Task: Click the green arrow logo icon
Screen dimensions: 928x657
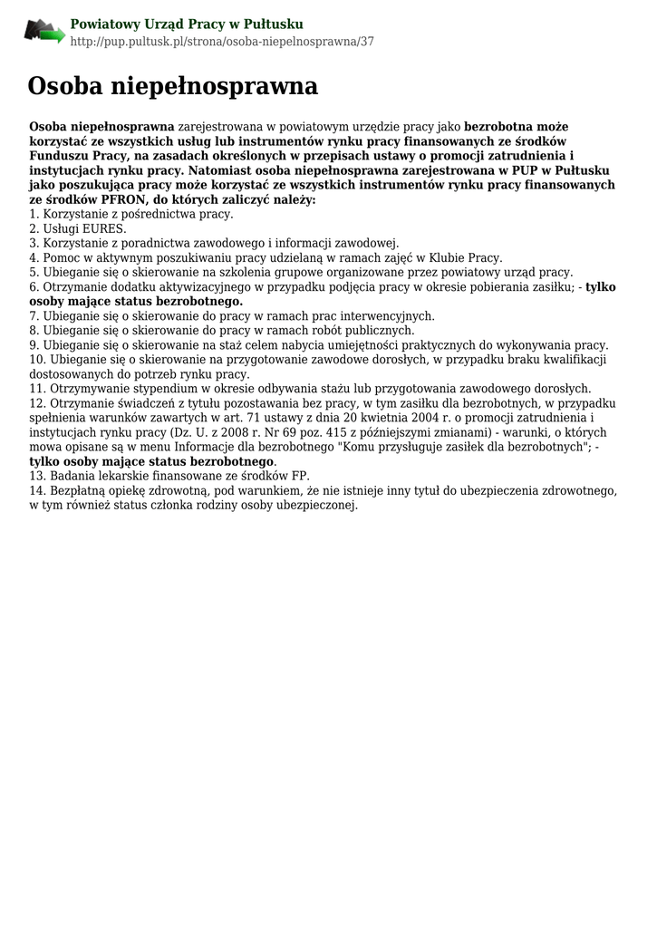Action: [x=44, y=32]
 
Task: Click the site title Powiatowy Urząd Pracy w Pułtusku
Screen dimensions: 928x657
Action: [x=187, y=24]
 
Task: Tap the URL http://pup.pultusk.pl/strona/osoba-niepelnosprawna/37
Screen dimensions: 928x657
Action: [x=222, y=42]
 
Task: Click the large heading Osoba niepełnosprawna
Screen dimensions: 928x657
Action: [x=172, y=86]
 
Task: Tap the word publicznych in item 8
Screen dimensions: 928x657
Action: [x=372, y=330]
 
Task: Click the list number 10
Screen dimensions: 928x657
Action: [x=38, y=359]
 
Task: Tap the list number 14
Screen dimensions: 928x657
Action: [x=38, y=490]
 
